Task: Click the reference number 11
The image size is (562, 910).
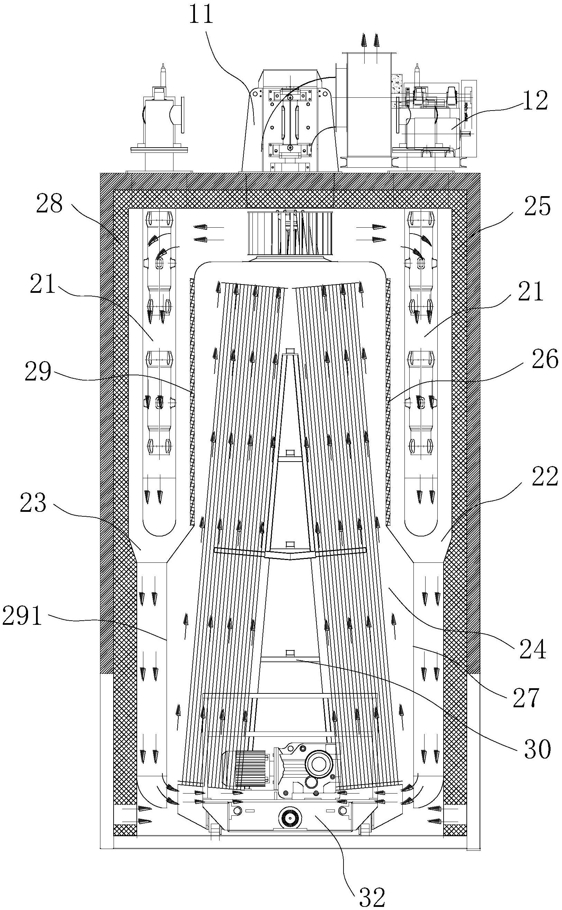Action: [x=201, y=14]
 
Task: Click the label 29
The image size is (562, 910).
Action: [x=38, y=371]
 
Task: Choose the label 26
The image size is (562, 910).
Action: [x=545, y=359]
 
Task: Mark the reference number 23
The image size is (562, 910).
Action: [x=33, y=503]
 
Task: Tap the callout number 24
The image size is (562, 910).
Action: [x=532, y=649]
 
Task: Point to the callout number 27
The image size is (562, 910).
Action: [x=526, y=698]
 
